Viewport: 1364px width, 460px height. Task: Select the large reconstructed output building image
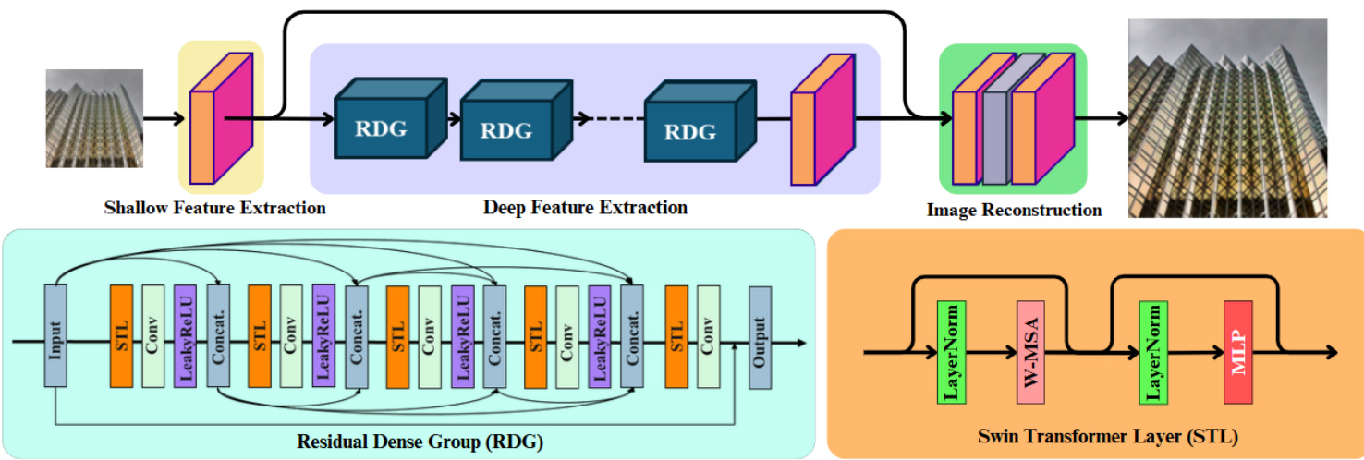tap(1227, 118)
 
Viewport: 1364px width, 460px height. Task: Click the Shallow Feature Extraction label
tap(215, 208)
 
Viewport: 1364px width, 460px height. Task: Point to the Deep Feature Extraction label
tap(585, 207)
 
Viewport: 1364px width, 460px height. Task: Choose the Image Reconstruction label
tap(1014, 211)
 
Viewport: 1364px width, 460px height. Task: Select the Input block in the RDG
tap(55, 336)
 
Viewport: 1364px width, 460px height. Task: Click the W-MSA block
tap(1029, 351)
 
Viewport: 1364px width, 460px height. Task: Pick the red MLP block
tap(1237, 351)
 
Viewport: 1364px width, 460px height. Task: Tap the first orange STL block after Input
tap(122, 336)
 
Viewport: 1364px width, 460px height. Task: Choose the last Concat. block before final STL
tap(632, 336)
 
